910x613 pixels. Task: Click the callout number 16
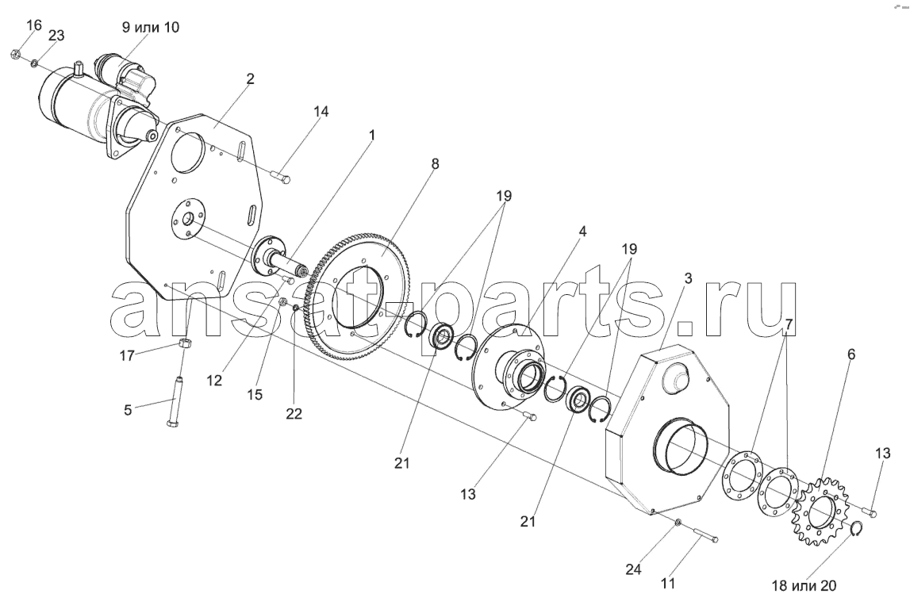click(x=34, y=25)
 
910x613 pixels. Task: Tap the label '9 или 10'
click(x=150, y=27)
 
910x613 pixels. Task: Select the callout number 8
click(x=436, y=164)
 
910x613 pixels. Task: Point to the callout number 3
click(x=688, y=278)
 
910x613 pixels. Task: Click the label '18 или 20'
click(x=804, y=586)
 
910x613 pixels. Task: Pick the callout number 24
click(x=633, y=569)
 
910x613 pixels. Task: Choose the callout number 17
click(x=127, y=355)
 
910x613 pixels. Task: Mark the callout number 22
click(x=294, y=413)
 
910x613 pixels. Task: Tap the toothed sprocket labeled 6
click(x=823, y=510)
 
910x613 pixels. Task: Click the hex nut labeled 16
click(x=16, y=55)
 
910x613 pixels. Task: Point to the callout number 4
click(x=582, y=232)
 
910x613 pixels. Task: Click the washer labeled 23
click(x=36, y=62)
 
